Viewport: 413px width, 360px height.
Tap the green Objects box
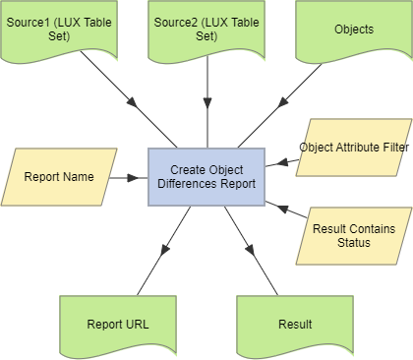point(353,30)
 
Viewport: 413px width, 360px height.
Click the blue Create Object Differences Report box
point(206,177)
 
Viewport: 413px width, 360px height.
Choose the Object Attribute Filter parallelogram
point(353,149)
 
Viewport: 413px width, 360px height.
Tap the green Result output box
point(294,323)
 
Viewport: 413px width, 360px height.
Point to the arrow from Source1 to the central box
point(128,99)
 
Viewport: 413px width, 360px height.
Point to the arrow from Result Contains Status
point(285,210)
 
